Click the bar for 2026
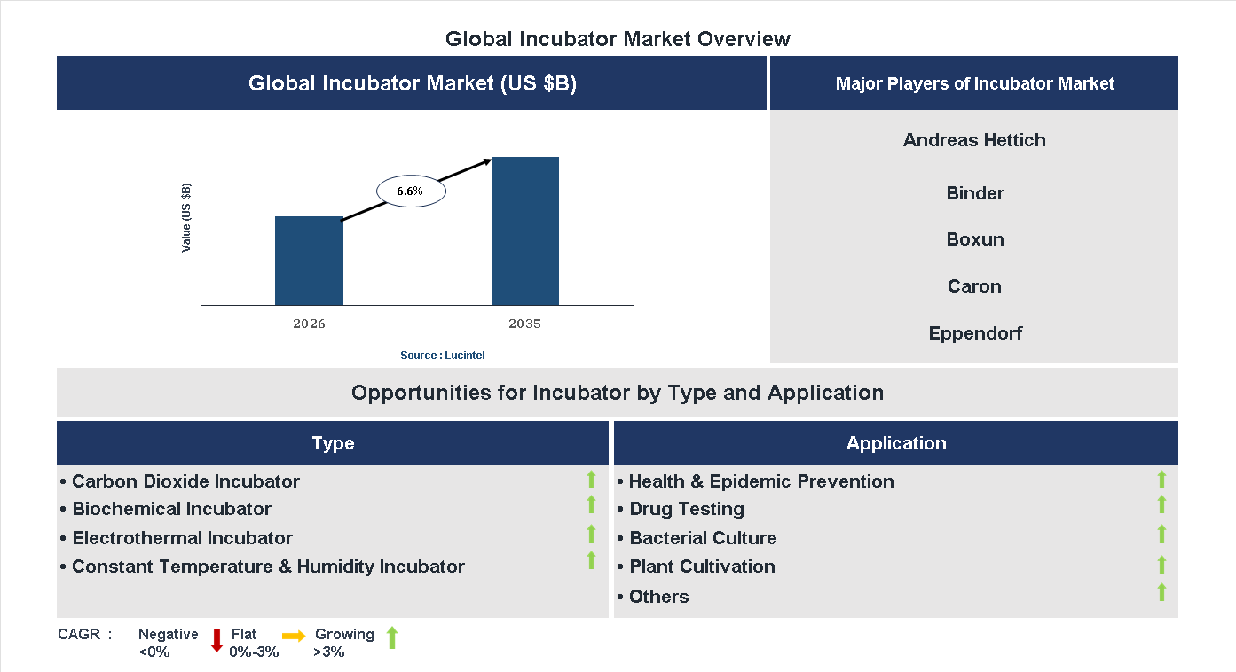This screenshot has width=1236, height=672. (x=309, y=261)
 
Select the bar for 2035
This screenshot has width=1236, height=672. (x=525, y=231)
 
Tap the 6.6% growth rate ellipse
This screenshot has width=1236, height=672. (x=410, y=191)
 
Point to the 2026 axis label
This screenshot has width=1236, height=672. (x=309, y=324)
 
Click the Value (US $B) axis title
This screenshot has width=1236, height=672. (x=186, y=218)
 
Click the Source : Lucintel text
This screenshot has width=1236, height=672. (x=442, y=356)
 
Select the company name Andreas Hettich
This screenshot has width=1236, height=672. (x=974, y=140)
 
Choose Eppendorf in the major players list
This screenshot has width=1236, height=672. (x=974, y=333)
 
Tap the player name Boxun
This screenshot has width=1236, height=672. (x=974, y=239)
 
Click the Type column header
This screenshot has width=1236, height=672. (x=333, y=443)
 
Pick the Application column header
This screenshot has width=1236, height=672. (x=895, y=443)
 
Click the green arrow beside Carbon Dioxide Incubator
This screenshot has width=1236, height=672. (x=591, y=481)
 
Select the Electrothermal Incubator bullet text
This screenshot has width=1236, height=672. (x=182, y=538)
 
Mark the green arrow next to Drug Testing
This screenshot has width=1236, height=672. (x=1161, y=505)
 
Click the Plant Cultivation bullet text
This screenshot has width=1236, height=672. (x=701, y=567)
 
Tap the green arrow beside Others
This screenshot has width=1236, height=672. (x=1161, y=593)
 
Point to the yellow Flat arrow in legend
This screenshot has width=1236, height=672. (x=294, y=636)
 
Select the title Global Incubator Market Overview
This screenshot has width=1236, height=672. (x=618, y=39)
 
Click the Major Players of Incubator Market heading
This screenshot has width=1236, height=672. (x=974, y=84)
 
